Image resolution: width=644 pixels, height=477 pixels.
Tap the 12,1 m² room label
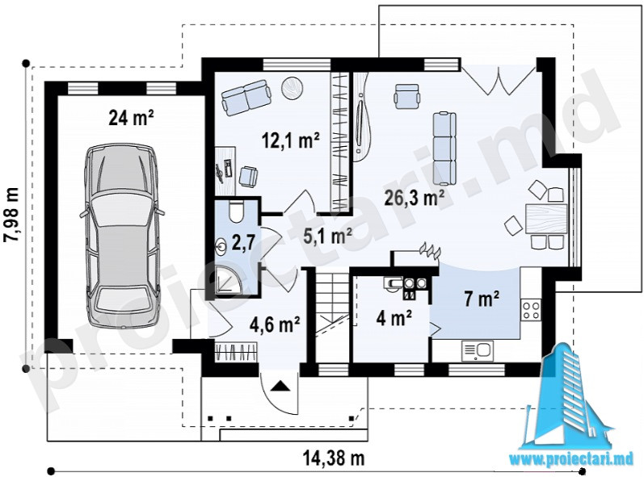click(x=291, y=140)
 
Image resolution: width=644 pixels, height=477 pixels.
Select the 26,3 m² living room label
click(x=414, y=198)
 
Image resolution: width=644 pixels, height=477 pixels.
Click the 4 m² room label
click(x=394, y=317)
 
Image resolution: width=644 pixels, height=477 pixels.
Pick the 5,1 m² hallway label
click(x=327, y=236)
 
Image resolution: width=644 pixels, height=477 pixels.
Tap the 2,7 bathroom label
click(x=242, y=242)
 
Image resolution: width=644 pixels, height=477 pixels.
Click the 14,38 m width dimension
click(x=334, y=458)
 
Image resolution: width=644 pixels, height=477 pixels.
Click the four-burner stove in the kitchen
click(x=531, y=310)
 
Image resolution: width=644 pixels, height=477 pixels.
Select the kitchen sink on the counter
click(x=478, y=352)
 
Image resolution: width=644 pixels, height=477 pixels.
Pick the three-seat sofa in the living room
click(x=444, y=149)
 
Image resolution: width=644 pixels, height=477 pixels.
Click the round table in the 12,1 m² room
click(x=292, y=87)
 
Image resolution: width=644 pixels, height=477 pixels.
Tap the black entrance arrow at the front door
click(x=280, y=386)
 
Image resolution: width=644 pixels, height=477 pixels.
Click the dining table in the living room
click(x=546, y=219)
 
